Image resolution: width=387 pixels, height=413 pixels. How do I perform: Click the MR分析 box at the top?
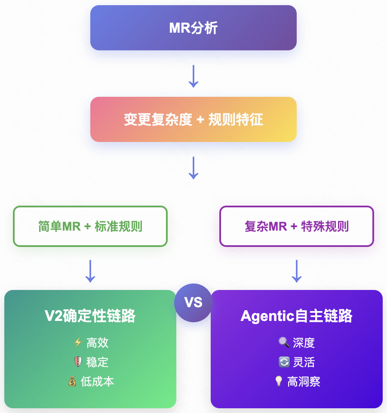pos(193,28)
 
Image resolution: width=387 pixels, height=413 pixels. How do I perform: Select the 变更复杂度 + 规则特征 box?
pos(193,119)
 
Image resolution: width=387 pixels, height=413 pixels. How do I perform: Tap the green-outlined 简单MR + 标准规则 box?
pos(90,226)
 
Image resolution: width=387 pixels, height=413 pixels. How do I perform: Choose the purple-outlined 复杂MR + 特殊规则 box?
pos(296,226)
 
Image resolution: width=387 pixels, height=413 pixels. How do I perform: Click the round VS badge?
pos(193,302)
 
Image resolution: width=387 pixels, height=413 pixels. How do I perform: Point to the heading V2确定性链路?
pos(90,316)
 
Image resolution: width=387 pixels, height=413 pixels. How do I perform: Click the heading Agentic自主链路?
pos(296,316)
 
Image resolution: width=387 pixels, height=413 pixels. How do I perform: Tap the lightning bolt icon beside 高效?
pos(78,343)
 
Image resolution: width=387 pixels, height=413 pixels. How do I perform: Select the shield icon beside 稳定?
pos(78,362)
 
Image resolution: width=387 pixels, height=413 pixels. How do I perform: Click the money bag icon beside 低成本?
pos(72,382)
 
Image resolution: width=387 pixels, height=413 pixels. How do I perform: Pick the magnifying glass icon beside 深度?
pos(284,343)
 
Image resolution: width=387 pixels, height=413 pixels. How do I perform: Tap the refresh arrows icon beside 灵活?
pos(284,362)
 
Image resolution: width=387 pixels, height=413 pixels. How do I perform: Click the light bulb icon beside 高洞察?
pos(279,382)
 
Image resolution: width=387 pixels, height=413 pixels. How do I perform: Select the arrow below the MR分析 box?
pos(193,77)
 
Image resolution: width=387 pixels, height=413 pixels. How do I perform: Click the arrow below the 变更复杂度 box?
pos(193,168)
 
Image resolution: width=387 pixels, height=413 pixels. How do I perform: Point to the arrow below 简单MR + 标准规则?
pos(90,271)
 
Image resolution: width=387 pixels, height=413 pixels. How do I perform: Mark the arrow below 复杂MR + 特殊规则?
pos(296,271)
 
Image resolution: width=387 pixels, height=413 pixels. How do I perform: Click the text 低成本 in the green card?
pos(97,382)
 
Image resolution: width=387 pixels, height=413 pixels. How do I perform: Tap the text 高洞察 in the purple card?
pos(304,382)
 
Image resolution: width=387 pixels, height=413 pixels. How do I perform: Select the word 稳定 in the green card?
pos(97,362)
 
